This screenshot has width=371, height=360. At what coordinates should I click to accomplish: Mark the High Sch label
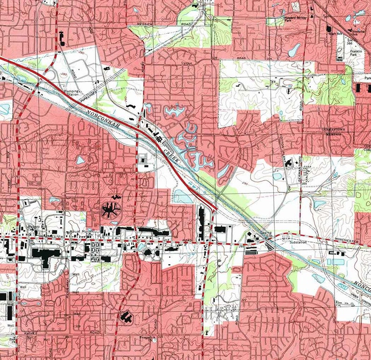click(x=334, y=33)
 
